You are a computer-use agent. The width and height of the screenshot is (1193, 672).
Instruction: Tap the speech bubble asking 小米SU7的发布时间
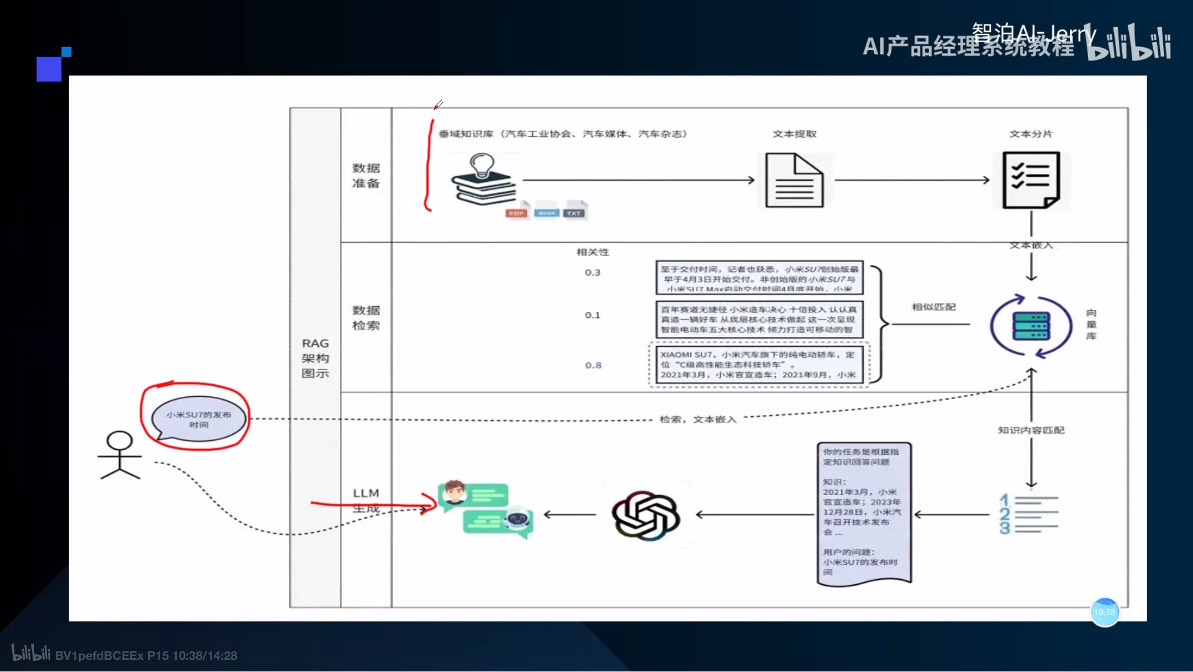tap(198, 419)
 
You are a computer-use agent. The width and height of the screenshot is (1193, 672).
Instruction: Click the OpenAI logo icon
tap(646, 515)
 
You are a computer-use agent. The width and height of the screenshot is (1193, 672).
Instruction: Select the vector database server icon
tap(1031, 326)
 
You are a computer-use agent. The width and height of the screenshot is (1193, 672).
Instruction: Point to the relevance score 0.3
tap(592, 272)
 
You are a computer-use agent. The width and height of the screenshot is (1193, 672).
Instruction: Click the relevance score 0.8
tap(593, 365)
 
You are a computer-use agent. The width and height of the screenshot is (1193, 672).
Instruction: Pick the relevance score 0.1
tap(592, 315)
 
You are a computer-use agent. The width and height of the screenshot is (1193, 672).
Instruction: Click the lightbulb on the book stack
tap(481, 165)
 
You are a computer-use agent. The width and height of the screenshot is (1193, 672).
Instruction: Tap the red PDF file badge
tap(516, 213)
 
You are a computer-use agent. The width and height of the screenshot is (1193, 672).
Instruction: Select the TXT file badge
tap(574, 213)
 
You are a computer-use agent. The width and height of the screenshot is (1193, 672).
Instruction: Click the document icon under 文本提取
tap(794, 181)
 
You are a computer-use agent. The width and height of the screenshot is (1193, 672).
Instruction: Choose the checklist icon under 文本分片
tap(1031, 180)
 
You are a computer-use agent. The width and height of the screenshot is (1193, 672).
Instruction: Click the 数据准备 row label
tap(366, 175)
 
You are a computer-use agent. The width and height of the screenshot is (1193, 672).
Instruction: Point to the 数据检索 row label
tap(366, 318)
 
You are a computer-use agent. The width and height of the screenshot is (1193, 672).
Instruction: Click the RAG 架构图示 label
tap(315, 358)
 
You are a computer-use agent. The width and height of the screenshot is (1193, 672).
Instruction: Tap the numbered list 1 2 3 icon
tap(1028, 514)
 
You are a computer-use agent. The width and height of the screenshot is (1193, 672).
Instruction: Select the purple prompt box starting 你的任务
tap(864, 512)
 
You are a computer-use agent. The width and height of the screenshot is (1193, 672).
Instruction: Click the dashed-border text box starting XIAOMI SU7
tap(759, 365)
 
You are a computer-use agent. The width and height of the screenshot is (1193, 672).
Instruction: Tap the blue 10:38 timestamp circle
tap(1104, 612)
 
